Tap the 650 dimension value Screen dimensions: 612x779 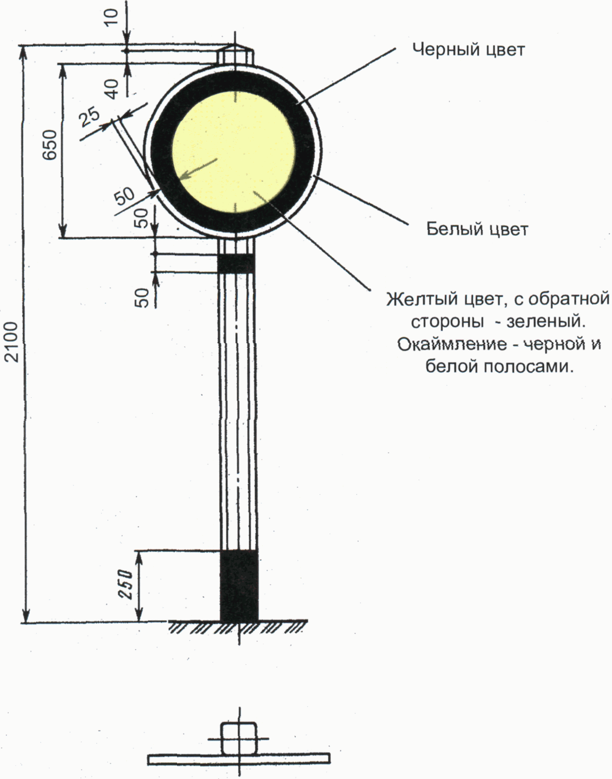[50, 144]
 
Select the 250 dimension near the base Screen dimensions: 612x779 [125, 584]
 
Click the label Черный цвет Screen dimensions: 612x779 [468, 50]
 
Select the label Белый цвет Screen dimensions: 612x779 [477, 229]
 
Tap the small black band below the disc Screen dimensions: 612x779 [236, 263]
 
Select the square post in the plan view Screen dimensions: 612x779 [239, 738]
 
